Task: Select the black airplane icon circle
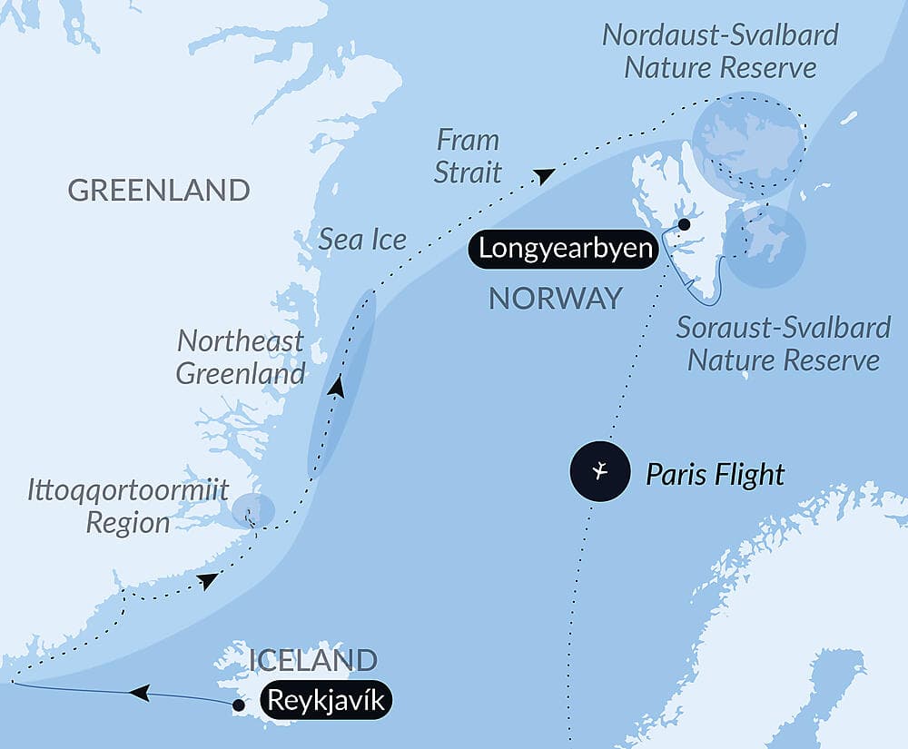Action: [x=599, y=471]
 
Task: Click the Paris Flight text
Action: [x=715, y=473]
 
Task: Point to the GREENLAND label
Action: [x=159, y=190]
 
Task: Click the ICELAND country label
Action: [x=313, y=660]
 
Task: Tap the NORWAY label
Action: [x=556, y=298]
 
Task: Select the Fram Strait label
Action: [x=468, y=156]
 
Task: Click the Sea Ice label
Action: [x=362, y=240]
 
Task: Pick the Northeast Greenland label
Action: [x=241, y=358]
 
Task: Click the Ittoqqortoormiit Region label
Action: [x=127, y=507]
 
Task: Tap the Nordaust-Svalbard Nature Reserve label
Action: [x=721, y=52]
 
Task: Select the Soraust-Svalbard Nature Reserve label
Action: [x=783, y=343]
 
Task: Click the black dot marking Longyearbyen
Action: [x=684, y=224]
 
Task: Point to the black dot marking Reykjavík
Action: [x=238, y=705]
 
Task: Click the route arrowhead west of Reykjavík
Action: [x=139, y=694]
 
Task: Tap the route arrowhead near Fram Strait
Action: [x=543, y=176]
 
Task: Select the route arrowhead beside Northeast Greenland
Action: [x=337, y=387]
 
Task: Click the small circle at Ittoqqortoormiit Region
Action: [x=252, y=510]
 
